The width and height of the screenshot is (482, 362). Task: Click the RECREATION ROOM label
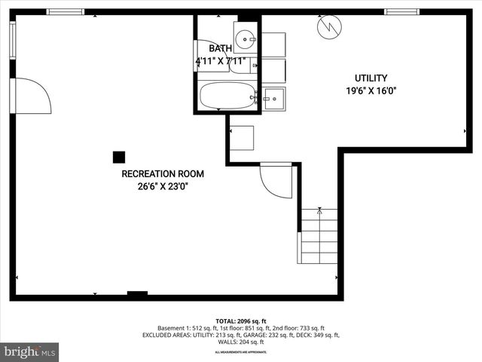[x=162, y=173]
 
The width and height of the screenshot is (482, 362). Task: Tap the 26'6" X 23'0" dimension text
[x=162, y=186]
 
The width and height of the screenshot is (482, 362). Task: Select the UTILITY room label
[x=371, y=78]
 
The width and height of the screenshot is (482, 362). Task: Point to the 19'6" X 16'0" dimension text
[x=371, y=90]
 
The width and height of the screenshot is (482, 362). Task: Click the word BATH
[x=221, y=49]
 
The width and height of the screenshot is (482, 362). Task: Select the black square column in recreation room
[x=118, y=157]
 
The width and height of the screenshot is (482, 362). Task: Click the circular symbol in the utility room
[x=328, y=27]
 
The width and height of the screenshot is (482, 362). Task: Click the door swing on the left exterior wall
[x=32, y=96]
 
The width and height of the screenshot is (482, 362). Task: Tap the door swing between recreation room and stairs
[x=276, y=181]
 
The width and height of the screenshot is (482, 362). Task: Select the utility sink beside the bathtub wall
[x=273, y=97]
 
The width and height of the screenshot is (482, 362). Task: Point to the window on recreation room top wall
[x=66, y=12]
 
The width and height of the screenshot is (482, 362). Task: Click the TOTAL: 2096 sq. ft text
[x=241, y=321]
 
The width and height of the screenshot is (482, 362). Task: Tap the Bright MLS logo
[x=30, y=351]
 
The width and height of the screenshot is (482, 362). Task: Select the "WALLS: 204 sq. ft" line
[x=241, y=342]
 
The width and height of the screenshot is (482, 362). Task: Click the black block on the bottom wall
[x=137, y=294]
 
